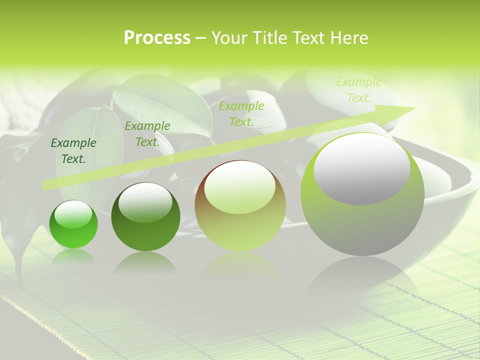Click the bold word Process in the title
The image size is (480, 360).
point(157,37)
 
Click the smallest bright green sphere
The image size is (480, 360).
point(73,224)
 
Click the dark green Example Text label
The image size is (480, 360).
point(73,151)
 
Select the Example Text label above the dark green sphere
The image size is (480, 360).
point(147,133)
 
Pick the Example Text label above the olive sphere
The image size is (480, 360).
point(241,113)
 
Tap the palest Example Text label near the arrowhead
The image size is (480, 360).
point(359,90)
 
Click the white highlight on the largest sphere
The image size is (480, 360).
point(361,168)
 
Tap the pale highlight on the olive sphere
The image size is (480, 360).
point(240,187)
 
